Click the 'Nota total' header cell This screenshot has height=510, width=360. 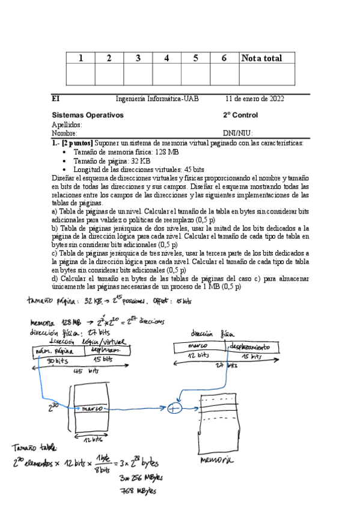(x=261, y=58)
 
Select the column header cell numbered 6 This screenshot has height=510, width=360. (x=224, y=58)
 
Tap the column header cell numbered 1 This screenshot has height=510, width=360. (x=81, y=58)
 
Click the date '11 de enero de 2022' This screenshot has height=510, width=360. (x=255, y=99)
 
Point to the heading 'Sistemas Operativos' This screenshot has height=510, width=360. (x=88, y=115)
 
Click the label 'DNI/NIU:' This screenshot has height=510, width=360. (x=237, y=133)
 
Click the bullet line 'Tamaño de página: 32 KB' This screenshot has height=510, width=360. (x=111, y=161)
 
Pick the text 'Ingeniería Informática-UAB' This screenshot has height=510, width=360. (x=157, y=99)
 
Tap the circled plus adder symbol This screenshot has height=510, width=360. (x=175, y=408)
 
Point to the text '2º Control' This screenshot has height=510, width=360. (x=240, y=115)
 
